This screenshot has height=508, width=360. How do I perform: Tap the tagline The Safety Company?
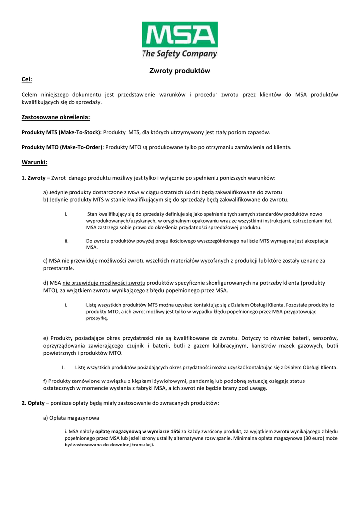coord(180,53)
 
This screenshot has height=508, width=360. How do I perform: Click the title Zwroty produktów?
coord(180,71)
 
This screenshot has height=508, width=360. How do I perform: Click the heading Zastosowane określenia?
coord(56,117)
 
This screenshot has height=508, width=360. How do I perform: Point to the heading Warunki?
coord(34,162)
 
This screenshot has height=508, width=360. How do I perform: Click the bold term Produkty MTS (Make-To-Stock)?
coord(62,132)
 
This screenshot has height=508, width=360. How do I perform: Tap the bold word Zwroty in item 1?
coord(36,177)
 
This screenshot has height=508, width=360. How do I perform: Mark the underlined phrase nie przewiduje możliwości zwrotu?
coord(104,283)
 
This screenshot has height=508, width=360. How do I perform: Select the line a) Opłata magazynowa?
coord(71,418)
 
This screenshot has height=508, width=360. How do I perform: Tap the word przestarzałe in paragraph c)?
coord(58,268)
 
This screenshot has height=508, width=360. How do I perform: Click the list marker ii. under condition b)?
coord(66,241)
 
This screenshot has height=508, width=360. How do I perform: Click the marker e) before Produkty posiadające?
coord(46,338)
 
